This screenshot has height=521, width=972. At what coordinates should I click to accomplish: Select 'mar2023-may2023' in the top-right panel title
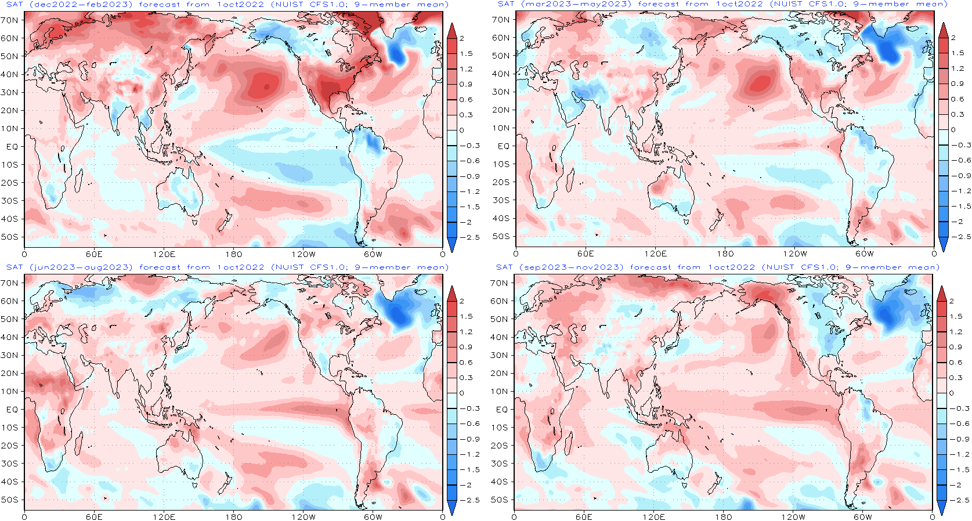[576, 5]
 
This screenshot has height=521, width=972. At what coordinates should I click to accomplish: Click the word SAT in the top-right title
[505, 5]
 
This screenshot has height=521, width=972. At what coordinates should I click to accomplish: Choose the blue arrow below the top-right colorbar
[943, 244]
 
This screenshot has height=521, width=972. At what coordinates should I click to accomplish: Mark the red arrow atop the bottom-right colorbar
[942, 294]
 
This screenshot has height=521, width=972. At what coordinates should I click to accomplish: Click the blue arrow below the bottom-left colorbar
[452, 508]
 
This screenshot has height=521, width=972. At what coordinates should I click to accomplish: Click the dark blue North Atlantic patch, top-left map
[397, 53]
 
